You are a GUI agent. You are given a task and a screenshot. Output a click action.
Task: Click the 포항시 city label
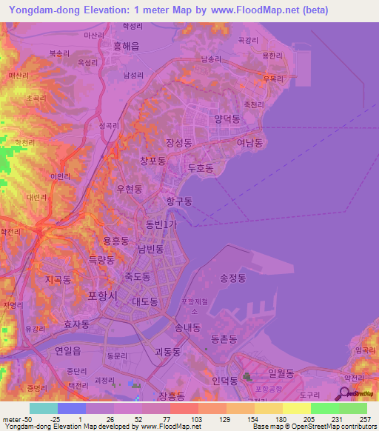[x=103, y=295]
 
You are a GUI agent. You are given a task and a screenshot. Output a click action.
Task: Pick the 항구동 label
[x=178, y=201]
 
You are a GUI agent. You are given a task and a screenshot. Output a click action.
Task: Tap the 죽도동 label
[x=137, y=276]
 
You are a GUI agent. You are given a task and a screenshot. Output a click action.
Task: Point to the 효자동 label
[x=76, y=324]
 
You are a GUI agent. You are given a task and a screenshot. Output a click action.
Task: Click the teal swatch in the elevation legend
[x=43, y=408]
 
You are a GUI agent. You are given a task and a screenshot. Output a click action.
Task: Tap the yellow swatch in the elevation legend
[x=296, y=408]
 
